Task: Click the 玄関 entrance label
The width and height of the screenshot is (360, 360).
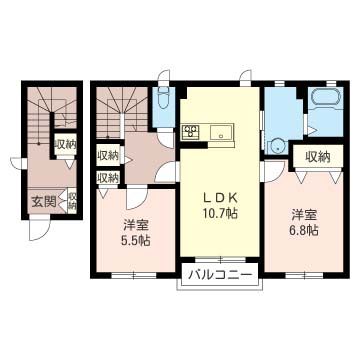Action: coord(43,199)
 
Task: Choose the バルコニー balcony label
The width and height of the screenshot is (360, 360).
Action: coord(217,272)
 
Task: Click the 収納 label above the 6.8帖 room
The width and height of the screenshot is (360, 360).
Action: coord(317,156)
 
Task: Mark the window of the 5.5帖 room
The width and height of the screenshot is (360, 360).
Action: coord(128,272)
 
